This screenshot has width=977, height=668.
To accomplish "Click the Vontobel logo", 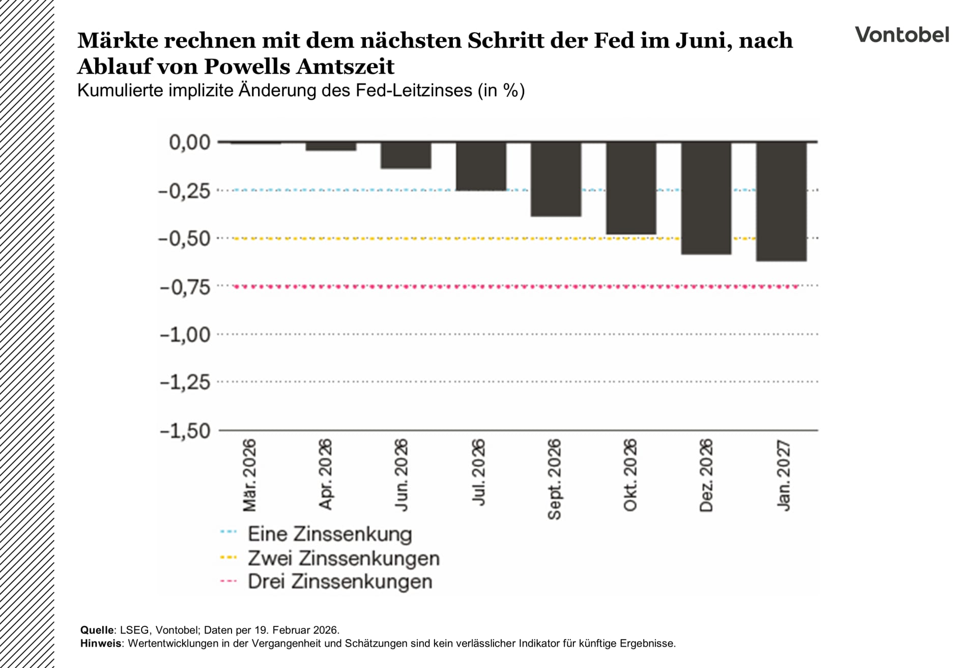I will [902, 35].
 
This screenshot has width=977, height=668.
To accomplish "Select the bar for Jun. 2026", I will [406, 155].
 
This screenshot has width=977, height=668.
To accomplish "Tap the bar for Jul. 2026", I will [481, 166].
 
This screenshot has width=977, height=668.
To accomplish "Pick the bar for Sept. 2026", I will [556, 179].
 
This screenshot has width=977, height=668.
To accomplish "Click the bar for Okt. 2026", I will [631, 188].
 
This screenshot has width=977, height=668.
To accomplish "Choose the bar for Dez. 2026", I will [706, 198].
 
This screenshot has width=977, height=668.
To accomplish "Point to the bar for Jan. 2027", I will [781, 201].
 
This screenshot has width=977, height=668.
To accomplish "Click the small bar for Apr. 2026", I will [331, 147].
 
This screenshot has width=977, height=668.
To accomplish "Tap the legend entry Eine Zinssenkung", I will [329, 534].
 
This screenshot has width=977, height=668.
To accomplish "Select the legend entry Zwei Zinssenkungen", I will [343, 558].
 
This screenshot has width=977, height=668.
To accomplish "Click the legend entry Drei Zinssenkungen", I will [339, 582].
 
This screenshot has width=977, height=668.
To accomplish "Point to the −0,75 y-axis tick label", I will [185, 287].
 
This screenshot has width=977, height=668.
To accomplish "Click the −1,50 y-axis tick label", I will [185, 431].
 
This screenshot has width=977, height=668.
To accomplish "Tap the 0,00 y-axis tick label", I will [189, 142].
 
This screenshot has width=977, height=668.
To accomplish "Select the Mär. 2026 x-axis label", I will [249, 476].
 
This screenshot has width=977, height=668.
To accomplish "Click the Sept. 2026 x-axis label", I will [554, 479].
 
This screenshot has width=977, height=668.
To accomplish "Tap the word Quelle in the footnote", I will [97, 630].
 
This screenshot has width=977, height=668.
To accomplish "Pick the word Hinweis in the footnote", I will [101, 643].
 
